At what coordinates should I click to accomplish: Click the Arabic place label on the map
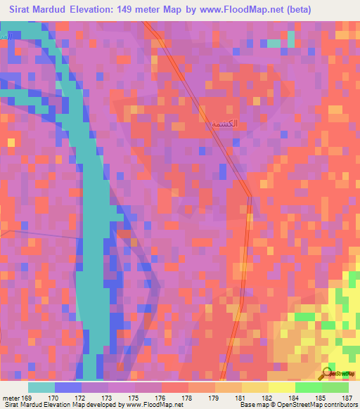[x=224, y=123]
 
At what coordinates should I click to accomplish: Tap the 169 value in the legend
[x=28, y=398]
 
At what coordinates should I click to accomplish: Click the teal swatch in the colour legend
[x=41, y=387]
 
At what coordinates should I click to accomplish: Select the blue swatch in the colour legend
[x=68, y=387]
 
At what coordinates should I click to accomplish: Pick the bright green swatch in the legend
[x=309, y=387]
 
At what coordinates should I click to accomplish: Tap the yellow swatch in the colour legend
[x=282, y=387]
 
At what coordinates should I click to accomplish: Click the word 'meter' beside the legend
[x=12, y=398]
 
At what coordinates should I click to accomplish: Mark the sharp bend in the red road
[x=250, y=196]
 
